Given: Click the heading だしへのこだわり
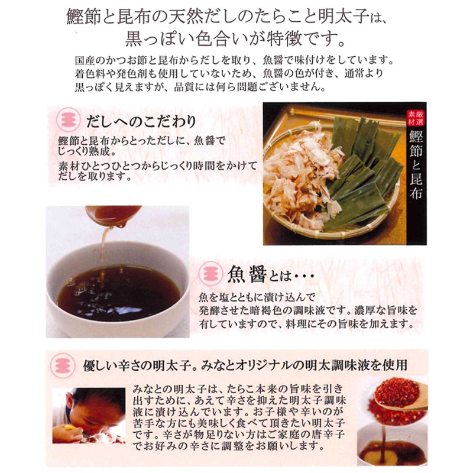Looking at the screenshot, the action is [x=141, y=122].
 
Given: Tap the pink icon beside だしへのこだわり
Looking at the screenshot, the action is [x=69, y=119].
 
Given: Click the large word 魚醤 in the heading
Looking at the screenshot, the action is [x=247, y=274].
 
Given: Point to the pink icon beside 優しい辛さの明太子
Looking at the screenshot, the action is [x=63, y=365].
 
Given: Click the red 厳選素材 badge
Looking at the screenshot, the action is [x=416, y=118].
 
